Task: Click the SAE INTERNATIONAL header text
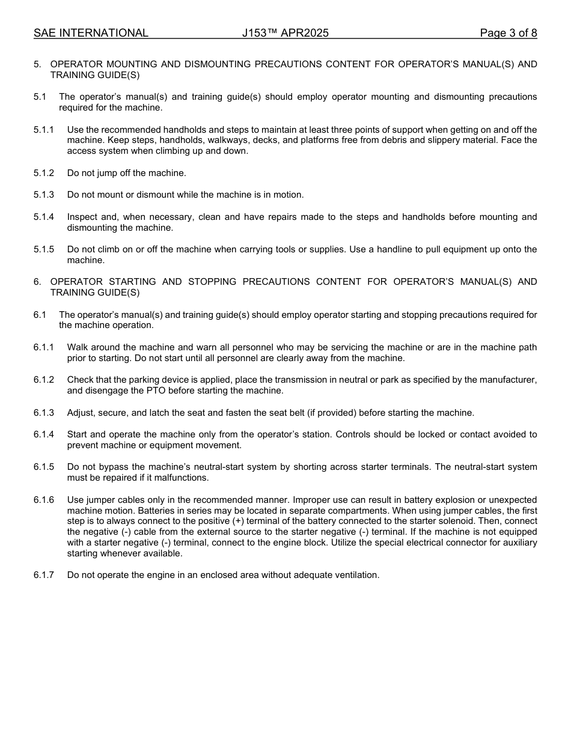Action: (91, 33)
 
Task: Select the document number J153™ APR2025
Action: (285, 33)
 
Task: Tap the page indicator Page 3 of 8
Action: (508, 33)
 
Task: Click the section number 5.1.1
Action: (44, 130)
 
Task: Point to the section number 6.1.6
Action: (44, 500)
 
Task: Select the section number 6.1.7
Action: (44, 575)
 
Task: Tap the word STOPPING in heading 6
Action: (212, 282)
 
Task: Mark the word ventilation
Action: (357, 575)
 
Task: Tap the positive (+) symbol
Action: (238, 521)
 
